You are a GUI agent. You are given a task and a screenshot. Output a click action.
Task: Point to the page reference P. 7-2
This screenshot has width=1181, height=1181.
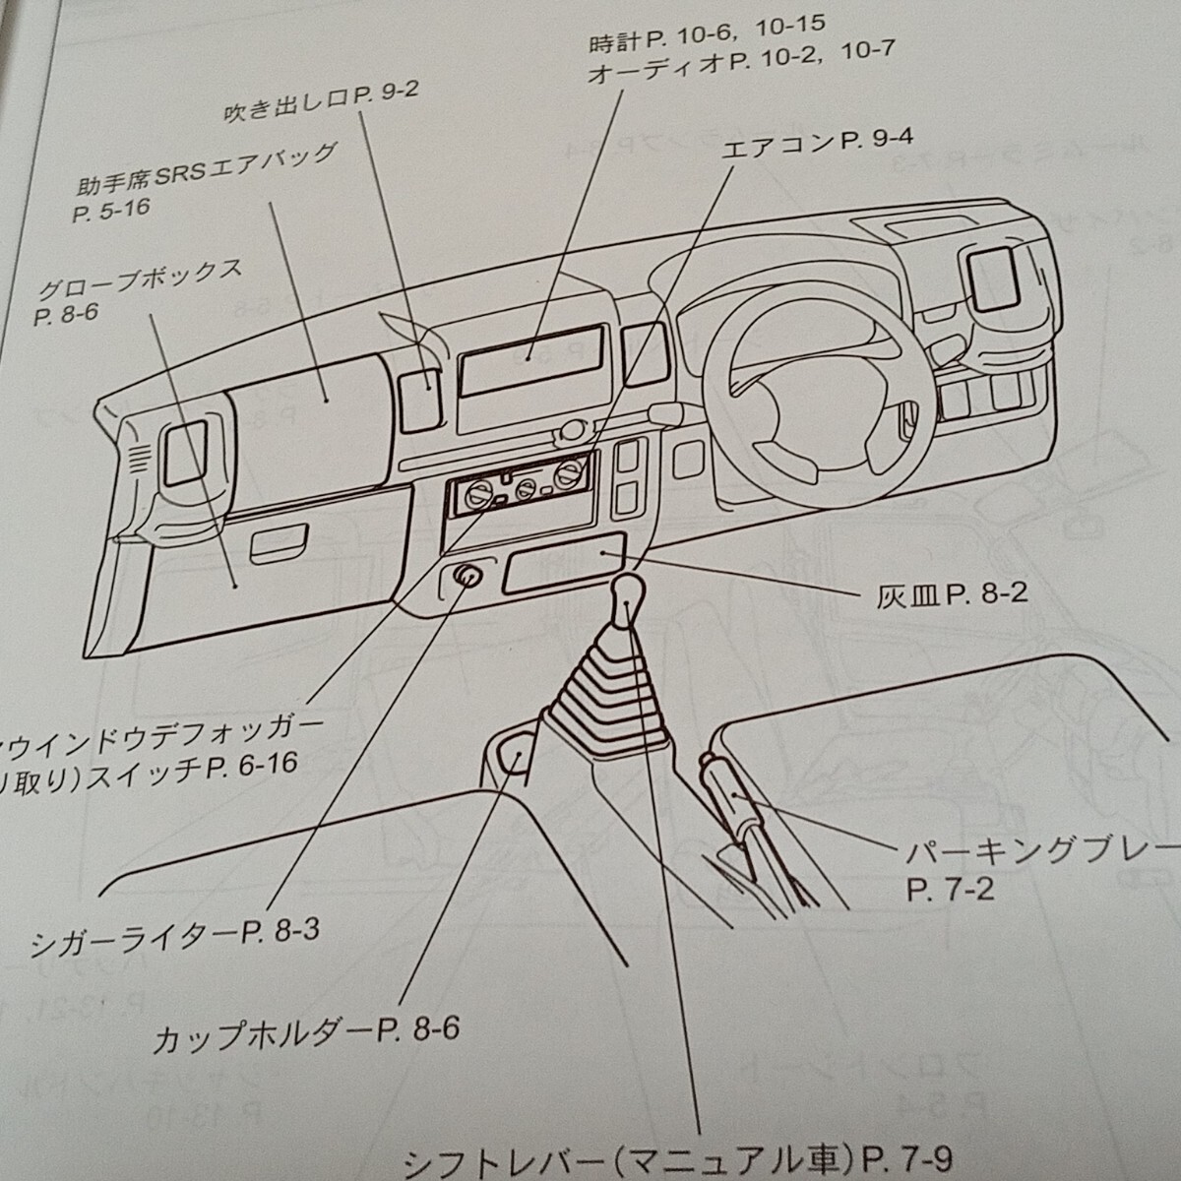pos(951,891)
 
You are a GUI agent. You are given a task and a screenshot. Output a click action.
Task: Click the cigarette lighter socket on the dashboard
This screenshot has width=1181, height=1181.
pos(466,577)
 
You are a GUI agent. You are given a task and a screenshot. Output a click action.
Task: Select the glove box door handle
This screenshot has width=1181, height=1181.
pos(280,545)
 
